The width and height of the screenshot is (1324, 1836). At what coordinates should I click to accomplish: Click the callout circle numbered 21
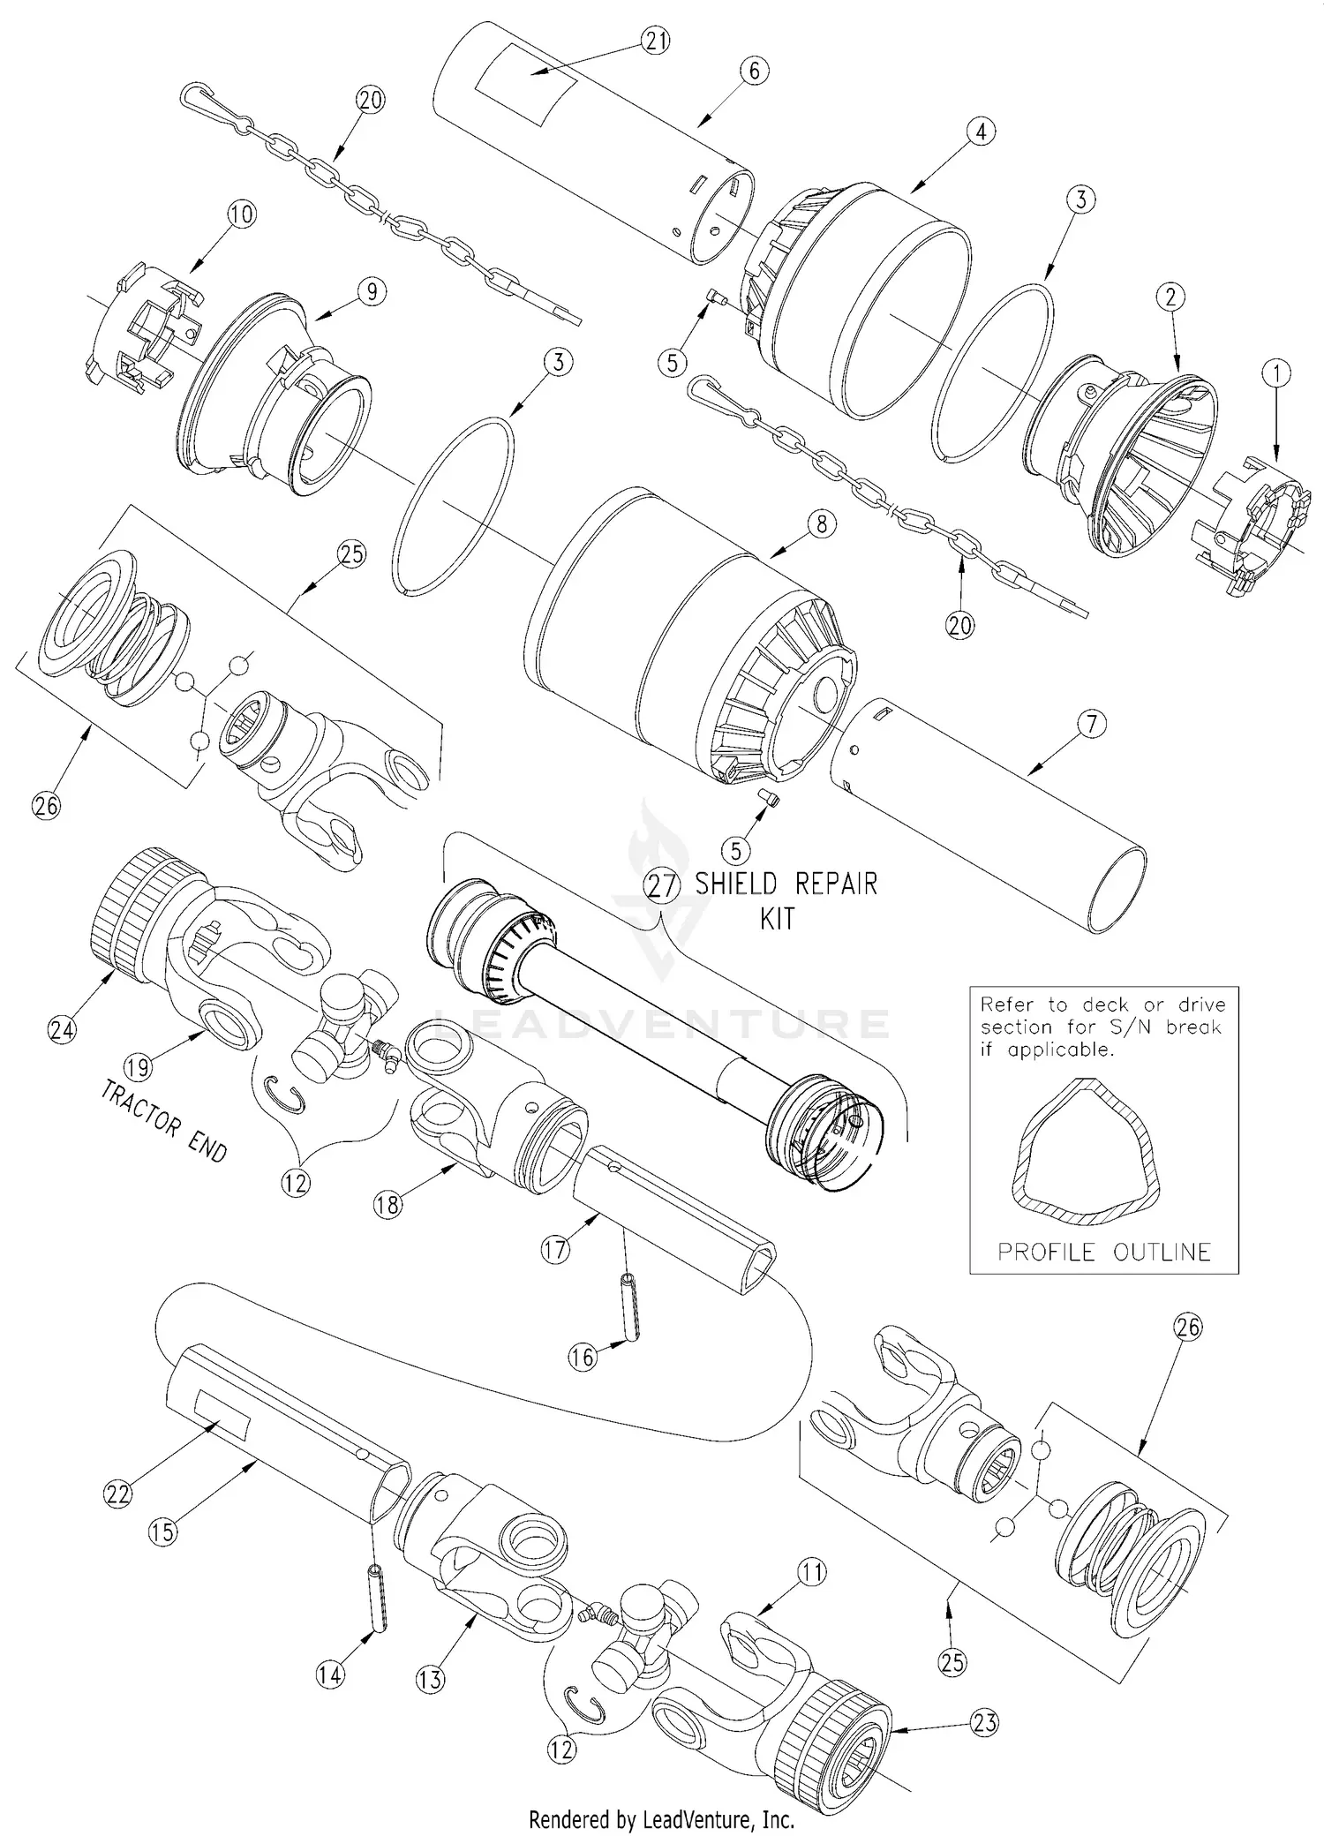(656, 41)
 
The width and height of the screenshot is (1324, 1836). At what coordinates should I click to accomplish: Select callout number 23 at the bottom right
(985, 1721)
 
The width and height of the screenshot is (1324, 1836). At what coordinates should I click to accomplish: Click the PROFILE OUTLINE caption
(1103, 1252)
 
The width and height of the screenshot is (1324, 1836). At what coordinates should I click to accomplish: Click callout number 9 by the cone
(372, 290)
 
